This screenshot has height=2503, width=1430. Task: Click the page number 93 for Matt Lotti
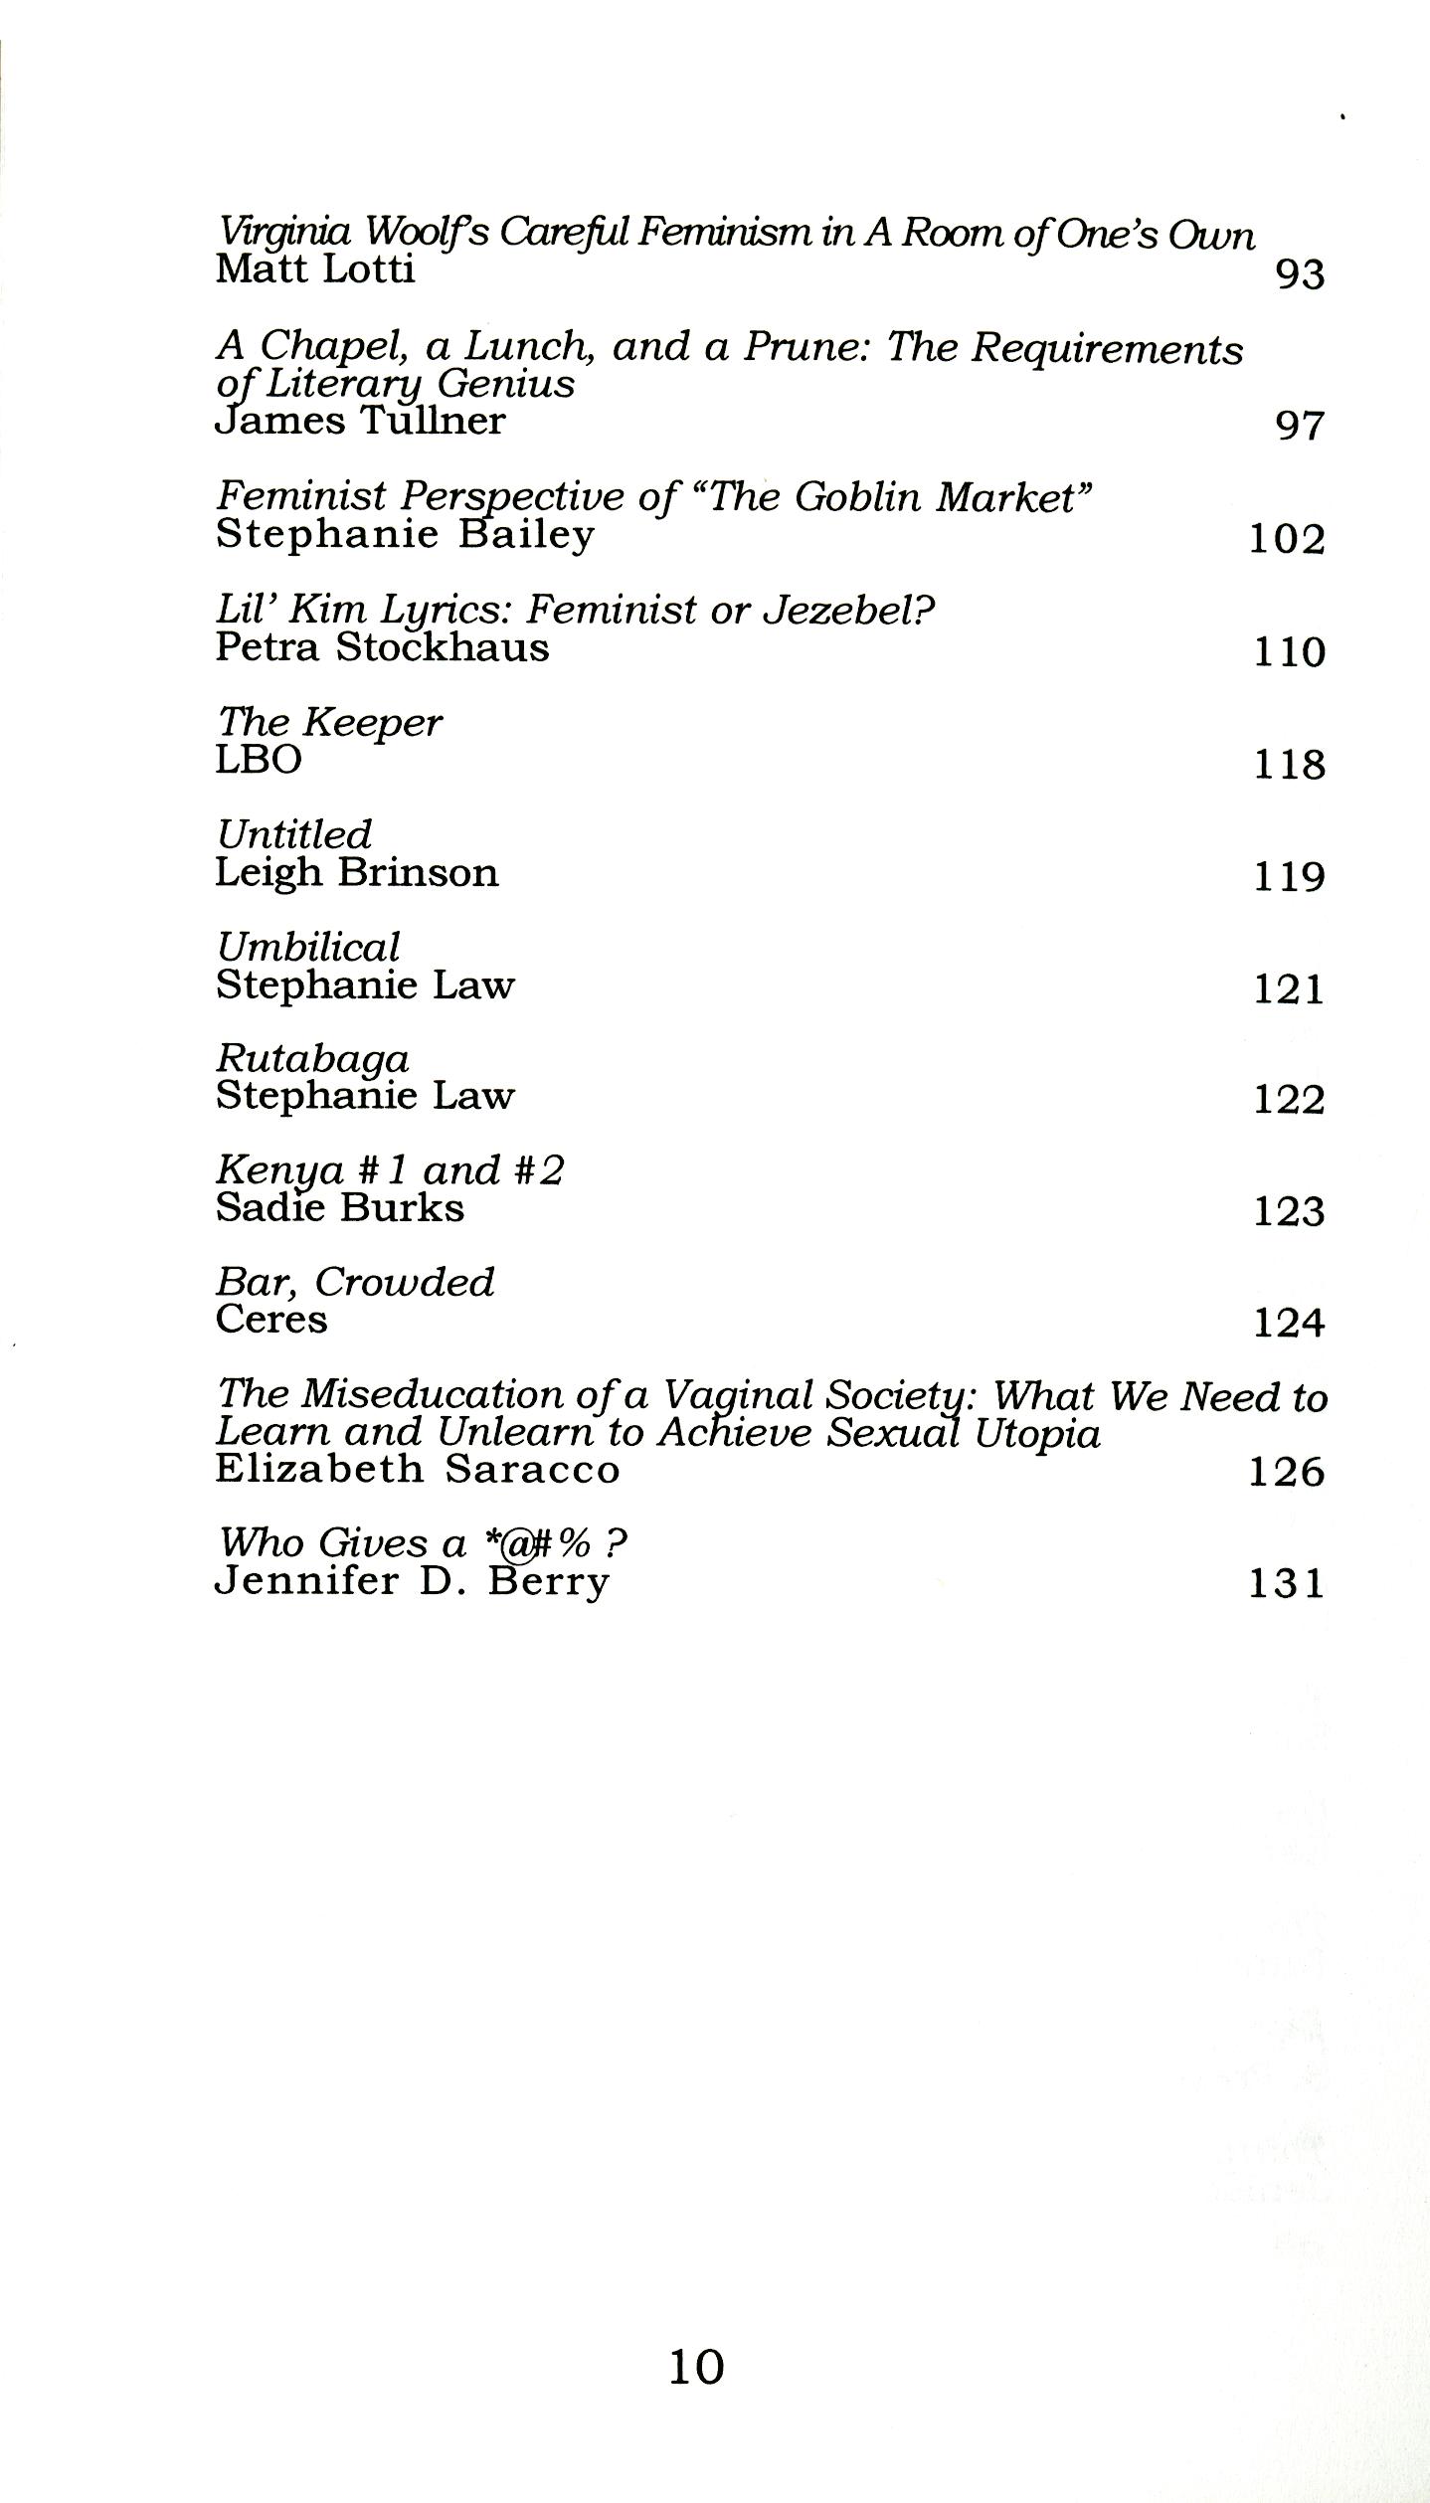click(1300, 273)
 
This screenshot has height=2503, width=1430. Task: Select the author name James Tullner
click(360, 422)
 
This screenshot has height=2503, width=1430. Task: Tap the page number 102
click(1287, 539)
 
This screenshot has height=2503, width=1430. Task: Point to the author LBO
click(259, 760)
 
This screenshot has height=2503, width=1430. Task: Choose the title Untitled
click(294, 834)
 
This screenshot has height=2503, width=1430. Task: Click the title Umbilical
click(308, 947)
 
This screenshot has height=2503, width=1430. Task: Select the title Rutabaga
click(312, 1058)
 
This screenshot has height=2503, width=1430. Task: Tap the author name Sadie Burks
click(340, 1208)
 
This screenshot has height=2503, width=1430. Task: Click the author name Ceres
click(271, 1320)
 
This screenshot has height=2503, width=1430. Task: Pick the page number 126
click(1287, 1472)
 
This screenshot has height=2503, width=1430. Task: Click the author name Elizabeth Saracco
click(418, 1469)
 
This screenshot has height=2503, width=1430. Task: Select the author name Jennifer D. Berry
click(412, 1581)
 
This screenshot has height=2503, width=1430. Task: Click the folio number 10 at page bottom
click(696, 2368)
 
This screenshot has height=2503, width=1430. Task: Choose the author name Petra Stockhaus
click(382, 647)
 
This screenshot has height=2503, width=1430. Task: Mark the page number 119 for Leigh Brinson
click(1289, 877)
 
